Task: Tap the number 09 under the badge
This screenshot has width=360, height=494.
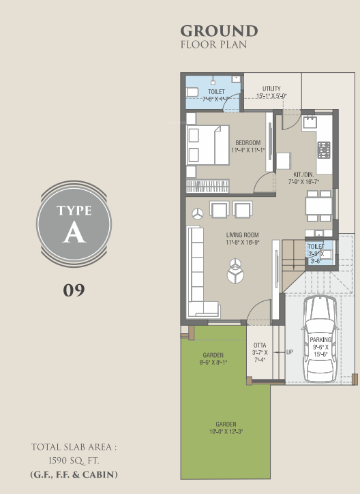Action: coord(74,290)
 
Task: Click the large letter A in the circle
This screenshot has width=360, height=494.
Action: coord(74,232)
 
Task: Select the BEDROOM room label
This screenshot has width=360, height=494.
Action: coord(248,142)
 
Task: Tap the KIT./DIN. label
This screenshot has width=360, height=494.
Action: coord(301,174)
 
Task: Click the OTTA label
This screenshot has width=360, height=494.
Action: coord(260,345)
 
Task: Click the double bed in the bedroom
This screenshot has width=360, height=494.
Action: coord(209,147)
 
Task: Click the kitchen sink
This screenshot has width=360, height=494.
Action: coord(310,123)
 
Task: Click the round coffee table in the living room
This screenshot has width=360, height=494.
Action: coord(236,273)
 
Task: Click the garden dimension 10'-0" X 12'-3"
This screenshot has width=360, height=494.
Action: coord(226,431)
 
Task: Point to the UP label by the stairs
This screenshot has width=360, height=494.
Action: coord(290,352)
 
